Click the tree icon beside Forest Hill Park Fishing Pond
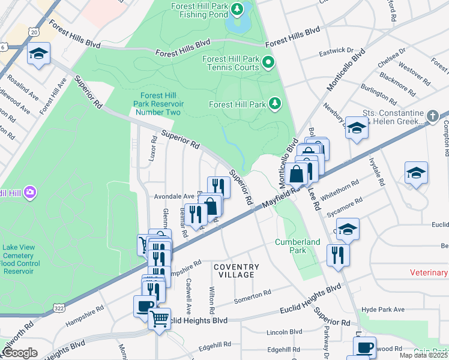click(237, 8)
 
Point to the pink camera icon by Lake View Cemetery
click(30, 192)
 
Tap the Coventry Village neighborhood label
click(235, 271)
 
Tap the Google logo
click(20, 353)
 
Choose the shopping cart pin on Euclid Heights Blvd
click(159, 319)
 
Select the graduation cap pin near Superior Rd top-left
click(38, 54)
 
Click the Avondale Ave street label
click(174, 196)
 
